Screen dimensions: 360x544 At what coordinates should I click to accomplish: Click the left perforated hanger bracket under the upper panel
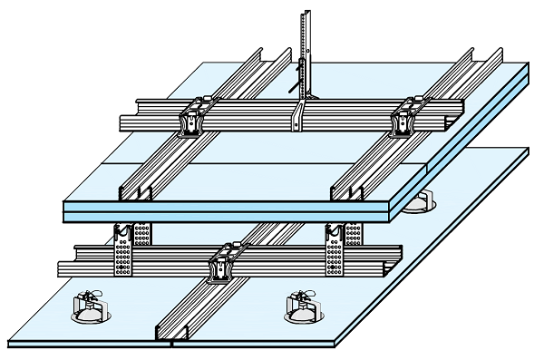pyautogui.click(x=122, y=249)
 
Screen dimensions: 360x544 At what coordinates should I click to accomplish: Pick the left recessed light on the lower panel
pyautogui.click(x=88, y=308)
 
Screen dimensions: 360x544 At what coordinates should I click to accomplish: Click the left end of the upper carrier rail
pyautogui.click(x=127, y=118)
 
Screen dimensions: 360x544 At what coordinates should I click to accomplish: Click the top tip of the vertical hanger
pyautogui.click(x=306, y=12)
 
